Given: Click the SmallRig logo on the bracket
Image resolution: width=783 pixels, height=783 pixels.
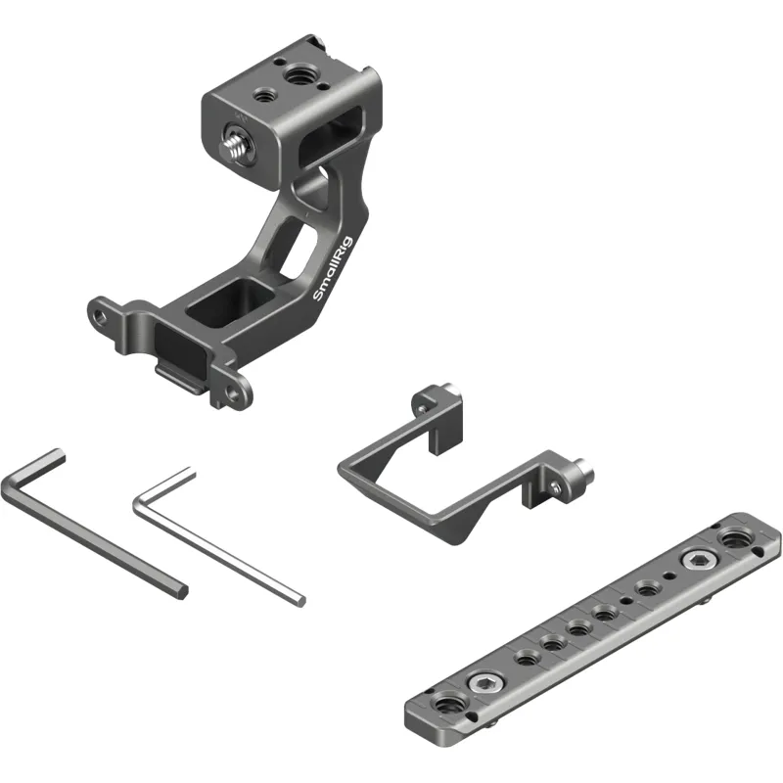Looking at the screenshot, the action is click(x=332, y=268).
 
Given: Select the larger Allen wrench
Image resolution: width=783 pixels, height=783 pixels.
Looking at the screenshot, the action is click(x=94, y=524).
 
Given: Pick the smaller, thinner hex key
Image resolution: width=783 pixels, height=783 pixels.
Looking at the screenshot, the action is click(x=219, y=537).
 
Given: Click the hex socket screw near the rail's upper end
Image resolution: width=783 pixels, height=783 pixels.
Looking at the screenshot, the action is click(x=697, y=561).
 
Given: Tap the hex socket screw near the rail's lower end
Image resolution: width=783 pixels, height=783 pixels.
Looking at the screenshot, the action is click(x=484, y=682).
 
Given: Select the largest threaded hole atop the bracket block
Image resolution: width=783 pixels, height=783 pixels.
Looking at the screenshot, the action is click(x=297, y=75).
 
